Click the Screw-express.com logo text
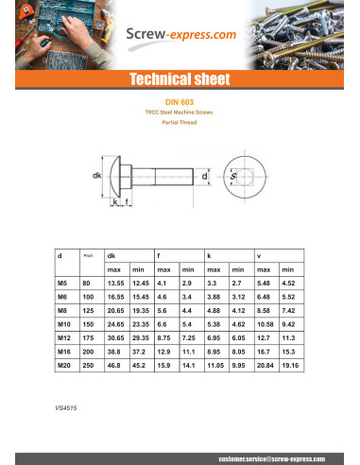click(x=180, y=36)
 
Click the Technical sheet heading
click(x=180, y=80)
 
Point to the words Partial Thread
click(x=180, y=123)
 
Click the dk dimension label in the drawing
click(x=96, y=177)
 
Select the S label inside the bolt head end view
click(x=258, y=177)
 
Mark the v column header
click(x=258, y=256)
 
